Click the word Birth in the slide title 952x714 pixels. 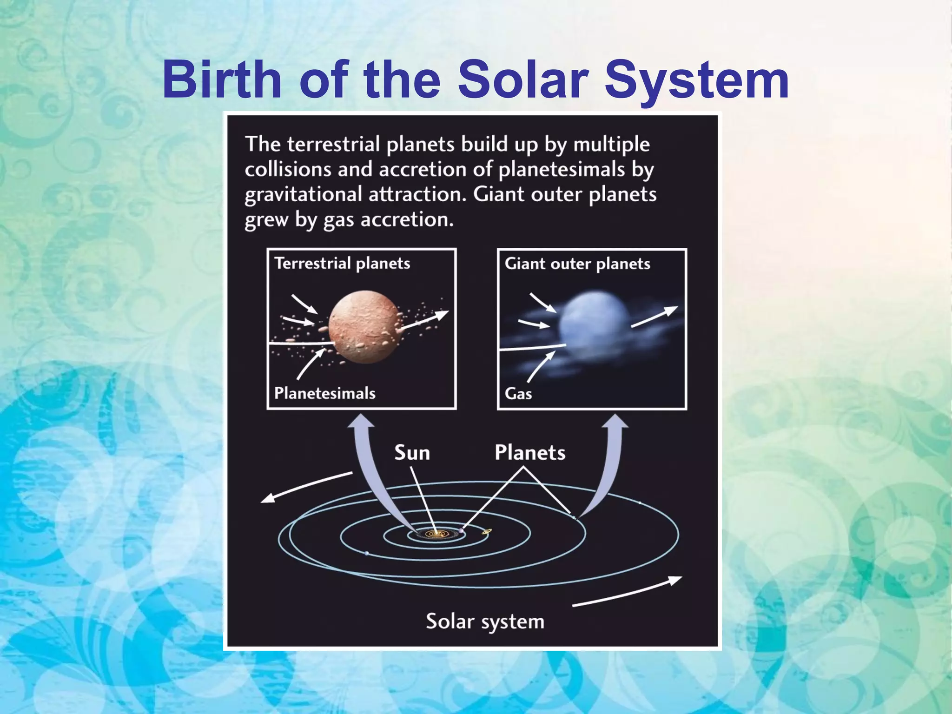pos(222,80)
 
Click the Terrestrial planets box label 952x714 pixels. pos(342,264)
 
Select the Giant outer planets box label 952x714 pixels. pos(577,264)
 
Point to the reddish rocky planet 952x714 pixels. pos(364,327)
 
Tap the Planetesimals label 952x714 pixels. pos(324,393)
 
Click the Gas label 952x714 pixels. pos(518,394)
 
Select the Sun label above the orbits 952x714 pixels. pos(412,453)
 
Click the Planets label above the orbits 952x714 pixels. pos(529,453)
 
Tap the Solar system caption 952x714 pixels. pos(485,621)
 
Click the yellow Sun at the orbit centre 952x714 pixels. pos(436,534)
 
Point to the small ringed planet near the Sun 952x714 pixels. pos(487,531)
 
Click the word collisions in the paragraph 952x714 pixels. pos(288,169)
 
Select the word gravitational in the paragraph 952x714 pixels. pos(303,194)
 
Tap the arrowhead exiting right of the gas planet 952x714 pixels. pos(672,310)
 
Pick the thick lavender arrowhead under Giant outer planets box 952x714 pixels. pos(615,421)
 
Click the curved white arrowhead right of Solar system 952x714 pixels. pos(676,580)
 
